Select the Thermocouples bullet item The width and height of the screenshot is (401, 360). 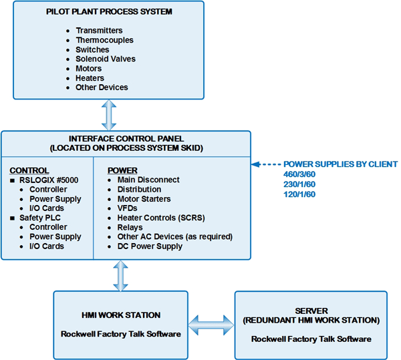pos(104,40)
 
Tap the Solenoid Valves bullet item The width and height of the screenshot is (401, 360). pos(106,59)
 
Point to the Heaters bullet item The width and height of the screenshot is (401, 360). pos(90,77)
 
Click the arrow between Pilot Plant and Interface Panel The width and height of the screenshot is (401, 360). pos(108,115)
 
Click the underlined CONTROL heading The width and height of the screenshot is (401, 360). pos(29,170)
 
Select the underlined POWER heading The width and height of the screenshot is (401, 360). pos(122,170)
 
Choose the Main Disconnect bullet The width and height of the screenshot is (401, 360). pos(148,180)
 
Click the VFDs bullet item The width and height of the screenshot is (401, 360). pos(128,208)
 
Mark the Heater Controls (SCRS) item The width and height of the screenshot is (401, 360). pos(161,218)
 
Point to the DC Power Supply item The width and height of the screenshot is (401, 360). pos(150,246)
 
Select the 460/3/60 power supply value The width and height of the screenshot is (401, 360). pos(299,174)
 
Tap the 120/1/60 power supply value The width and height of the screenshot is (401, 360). pos(299,194)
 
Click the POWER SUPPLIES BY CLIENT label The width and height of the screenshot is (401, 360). pos(340,164)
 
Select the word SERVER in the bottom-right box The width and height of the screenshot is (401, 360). pos(311,311)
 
